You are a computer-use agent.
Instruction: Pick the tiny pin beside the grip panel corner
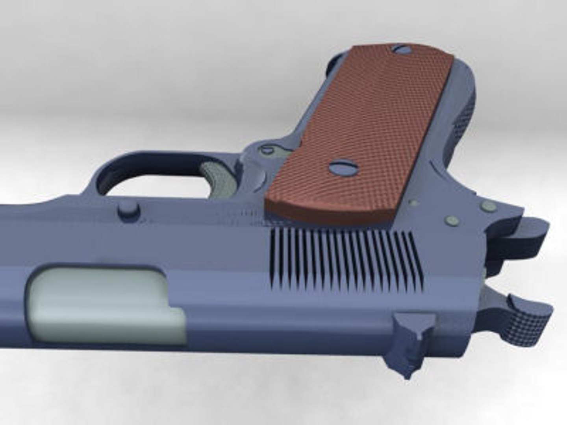[x=413, y=203]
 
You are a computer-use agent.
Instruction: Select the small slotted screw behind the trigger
[x=267, y=150]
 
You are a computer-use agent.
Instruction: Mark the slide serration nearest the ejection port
[x=273, y=256]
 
